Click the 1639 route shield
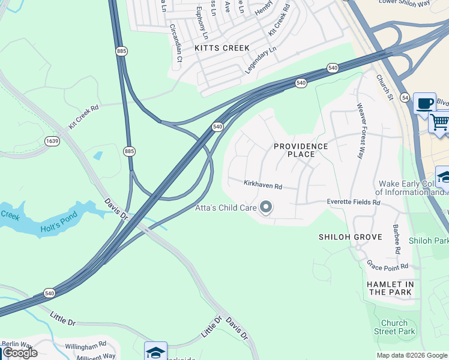52,141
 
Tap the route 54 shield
406,97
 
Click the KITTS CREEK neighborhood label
217,47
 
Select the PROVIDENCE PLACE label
301,150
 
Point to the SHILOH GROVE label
350,237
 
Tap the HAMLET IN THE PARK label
391,288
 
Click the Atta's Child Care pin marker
266,208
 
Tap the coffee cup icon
425,103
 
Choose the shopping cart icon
440,122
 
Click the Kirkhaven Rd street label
262,184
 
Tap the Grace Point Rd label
388,266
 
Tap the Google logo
20,353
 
